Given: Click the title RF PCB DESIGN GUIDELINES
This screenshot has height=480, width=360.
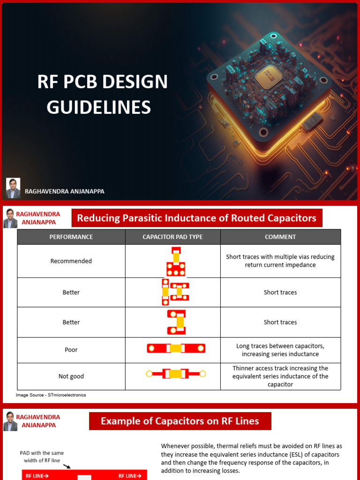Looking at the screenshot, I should point(102,94).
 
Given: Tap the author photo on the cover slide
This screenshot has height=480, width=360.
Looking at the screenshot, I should point(13,188).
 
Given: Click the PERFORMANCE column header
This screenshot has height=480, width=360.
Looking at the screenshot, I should point(71,237).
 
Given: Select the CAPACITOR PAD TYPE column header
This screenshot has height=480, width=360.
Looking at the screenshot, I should point(172,237).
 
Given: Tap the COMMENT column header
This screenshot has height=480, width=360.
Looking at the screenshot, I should point(280,237).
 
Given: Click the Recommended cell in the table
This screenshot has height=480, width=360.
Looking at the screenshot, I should point(71,261).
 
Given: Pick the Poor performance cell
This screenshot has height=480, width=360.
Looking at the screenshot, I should point(71,350).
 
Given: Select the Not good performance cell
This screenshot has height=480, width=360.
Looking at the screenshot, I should point(71,376).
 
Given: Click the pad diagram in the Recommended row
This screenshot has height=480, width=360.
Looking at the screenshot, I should point(176,262).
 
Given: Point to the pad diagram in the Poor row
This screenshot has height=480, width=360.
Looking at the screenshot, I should point(176,348).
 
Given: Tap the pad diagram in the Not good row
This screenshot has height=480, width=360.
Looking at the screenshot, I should point(176,374).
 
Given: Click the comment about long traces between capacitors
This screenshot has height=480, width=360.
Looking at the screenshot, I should point(280,350).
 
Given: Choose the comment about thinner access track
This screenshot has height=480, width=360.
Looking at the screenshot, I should point(280,376).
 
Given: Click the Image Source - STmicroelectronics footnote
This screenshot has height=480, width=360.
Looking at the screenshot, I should point(51,395).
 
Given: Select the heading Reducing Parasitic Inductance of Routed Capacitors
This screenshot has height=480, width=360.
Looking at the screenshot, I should point(196,218).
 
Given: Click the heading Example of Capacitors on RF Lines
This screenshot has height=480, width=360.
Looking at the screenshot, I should point(180,421).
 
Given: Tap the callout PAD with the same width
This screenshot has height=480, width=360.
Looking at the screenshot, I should point(42,457).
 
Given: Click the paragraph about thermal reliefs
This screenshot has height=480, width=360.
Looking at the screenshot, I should point(251,458).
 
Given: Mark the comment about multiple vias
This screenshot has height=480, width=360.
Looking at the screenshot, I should point(280,261).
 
